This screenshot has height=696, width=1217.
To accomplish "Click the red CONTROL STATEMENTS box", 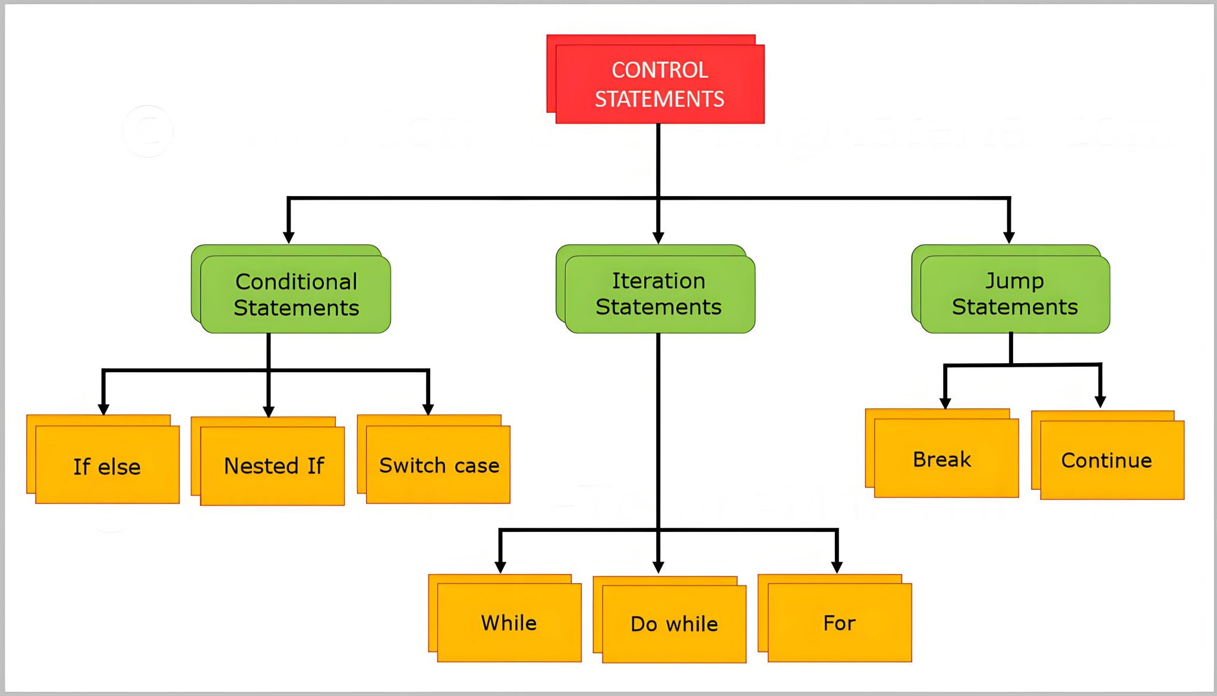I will pyautogui.click(x=660, y=83).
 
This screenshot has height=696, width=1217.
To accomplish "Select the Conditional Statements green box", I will pyautogui.click(x=295, y=294).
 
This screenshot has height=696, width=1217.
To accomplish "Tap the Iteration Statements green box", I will pyautogui.click(x=659, y=294).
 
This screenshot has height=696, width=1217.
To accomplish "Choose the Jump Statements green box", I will pyautogui.click(x=1014, y=294).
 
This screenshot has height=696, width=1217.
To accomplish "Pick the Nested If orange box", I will pyautogui.click(x=273, y=465).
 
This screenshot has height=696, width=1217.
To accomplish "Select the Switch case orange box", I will pyautogui.click(x=438, y=465).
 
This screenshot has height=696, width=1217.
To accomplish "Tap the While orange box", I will pyautogui.click(x=509, y=622).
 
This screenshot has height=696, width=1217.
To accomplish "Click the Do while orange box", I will pyautogui.click(x=674, y=623).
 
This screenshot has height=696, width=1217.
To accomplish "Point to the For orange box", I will pyautogui.click(x=839, y=622).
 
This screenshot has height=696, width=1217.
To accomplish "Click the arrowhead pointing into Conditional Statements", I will pyautogui.click(x=289, y=237).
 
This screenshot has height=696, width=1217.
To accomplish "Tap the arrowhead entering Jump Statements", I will pyautogui.click(x=1009, y=237).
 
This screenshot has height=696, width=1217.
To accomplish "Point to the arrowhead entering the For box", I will pyautogui.click(x=837, y=567).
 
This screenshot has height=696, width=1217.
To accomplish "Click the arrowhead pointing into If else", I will pyautogui.click(x=103, y=409).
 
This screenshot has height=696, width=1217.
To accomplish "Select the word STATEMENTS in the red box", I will pyautogui.click(x=660, y=99).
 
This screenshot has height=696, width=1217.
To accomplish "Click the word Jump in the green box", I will pyautogui.click(x=1014, y=280).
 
